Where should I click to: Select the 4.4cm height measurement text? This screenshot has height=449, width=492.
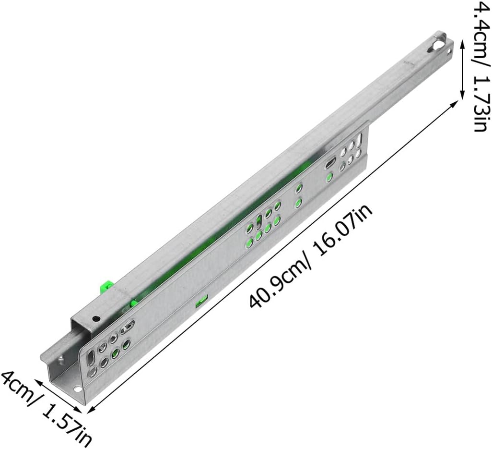(x=480, y=29)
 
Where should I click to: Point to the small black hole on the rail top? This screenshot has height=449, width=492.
(x=96, y=318)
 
